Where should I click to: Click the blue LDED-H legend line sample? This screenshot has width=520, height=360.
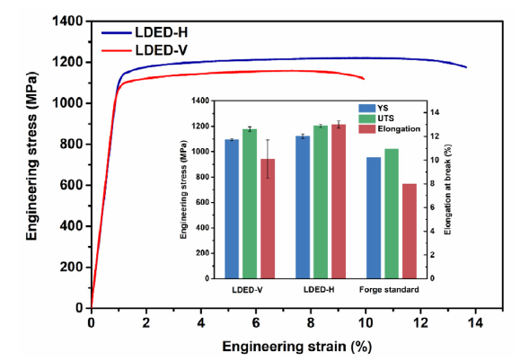pyautogui.click(x=117, y=33)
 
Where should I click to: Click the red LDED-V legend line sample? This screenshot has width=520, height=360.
pyautogui.click(x=117, y=50)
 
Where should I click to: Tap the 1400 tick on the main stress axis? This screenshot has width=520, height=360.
pyautogui.click(x=67, y=22)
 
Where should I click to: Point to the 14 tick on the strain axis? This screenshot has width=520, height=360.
pyautogui.click(x=475, y=322)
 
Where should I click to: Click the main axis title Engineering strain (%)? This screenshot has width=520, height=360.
pyautogui.click(x=296, y=347)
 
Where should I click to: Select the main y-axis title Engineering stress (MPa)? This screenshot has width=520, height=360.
pyautogui.click(x=31, y=156)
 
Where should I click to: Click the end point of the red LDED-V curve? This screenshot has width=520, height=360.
pyautogui.click(x=364, y=79)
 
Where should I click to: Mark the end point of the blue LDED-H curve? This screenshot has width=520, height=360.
pyautogui.click(x=466, y=67)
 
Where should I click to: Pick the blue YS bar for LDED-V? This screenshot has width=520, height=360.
pyautogui.click(x=232, y=209)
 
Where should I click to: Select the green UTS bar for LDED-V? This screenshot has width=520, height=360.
pyautogui.click(x=250, y=204)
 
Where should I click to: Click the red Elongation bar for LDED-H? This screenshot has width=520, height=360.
pyautogui.click(x=339, y=202)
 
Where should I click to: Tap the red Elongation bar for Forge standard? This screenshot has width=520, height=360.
pyautogui.click(x=410, y=231)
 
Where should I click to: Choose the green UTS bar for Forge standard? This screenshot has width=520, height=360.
pyautogui.click(x=392, y=214)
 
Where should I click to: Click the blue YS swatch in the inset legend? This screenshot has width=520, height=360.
pyautogui.click(x=366, y=109)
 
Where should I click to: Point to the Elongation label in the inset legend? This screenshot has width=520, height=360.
pyautogui.click(x=399, y=128)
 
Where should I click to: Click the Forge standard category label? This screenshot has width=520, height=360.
pyautogui.click(x=389, y=290)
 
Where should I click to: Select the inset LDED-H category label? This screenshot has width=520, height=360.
pyautogui.click(x=319, y=290)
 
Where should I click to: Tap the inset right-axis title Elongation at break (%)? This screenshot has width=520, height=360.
pyautogui.click(x=448, y=189)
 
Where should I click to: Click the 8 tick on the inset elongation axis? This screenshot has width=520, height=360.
pyautogui.click(x=432, y=184)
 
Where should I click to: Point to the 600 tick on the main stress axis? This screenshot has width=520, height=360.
pyautogui.click(x=71, y=185)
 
